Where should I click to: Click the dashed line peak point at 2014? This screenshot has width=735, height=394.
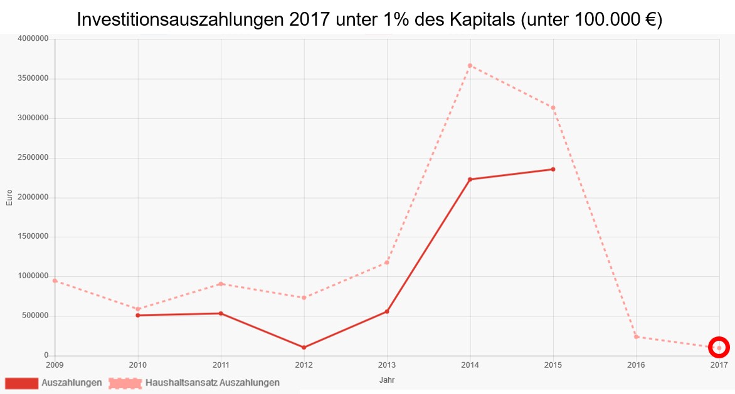click(470, 65)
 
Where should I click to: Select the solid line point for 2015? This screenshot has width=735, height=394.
click(553, 169)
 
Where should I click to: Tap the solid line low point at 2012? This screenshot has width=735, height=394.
click(304, 347)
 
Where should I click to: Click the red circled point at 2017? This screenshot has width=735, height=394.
click(719, 347)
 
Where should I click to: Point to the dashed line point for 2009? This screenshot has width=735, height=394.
click(55, 281)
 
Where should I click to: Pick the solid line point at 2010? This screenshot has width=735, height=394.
click(138, 315)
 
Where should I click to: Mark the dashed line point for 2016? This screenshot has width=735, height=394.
click(636, 336)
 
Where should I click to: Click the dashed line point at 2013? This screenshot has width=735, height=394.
click(387, 262)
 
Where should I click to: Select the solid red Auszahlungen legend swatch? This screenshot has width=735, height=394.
click(21, 382)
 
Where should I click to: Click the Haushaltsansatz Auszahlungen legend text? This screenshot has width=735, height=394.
click(213, 382)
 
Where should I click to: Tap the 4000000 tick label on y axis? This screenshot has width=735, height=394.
click(33, 39)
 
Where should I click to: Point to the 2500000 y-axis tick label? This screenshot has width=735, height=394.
click(33, 158)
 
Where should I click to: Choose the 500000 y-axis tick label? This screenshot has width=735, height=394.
click(35, 316)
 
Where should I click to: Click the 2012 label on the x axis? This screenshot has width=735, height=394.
click(304, 365)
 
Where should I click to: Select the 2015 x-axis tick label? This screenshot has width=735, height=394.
click(553, 365)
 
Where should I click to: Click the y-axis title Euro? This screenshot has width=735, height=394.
click(9, 197)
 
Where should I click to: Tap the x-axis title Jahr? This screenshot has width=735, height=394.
click(387, 380)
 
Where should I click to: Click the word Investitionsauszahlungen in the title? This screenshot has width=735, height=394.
click(179, 19)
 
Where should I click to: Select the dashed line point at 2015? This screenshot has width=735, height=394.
click(553, 107)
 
